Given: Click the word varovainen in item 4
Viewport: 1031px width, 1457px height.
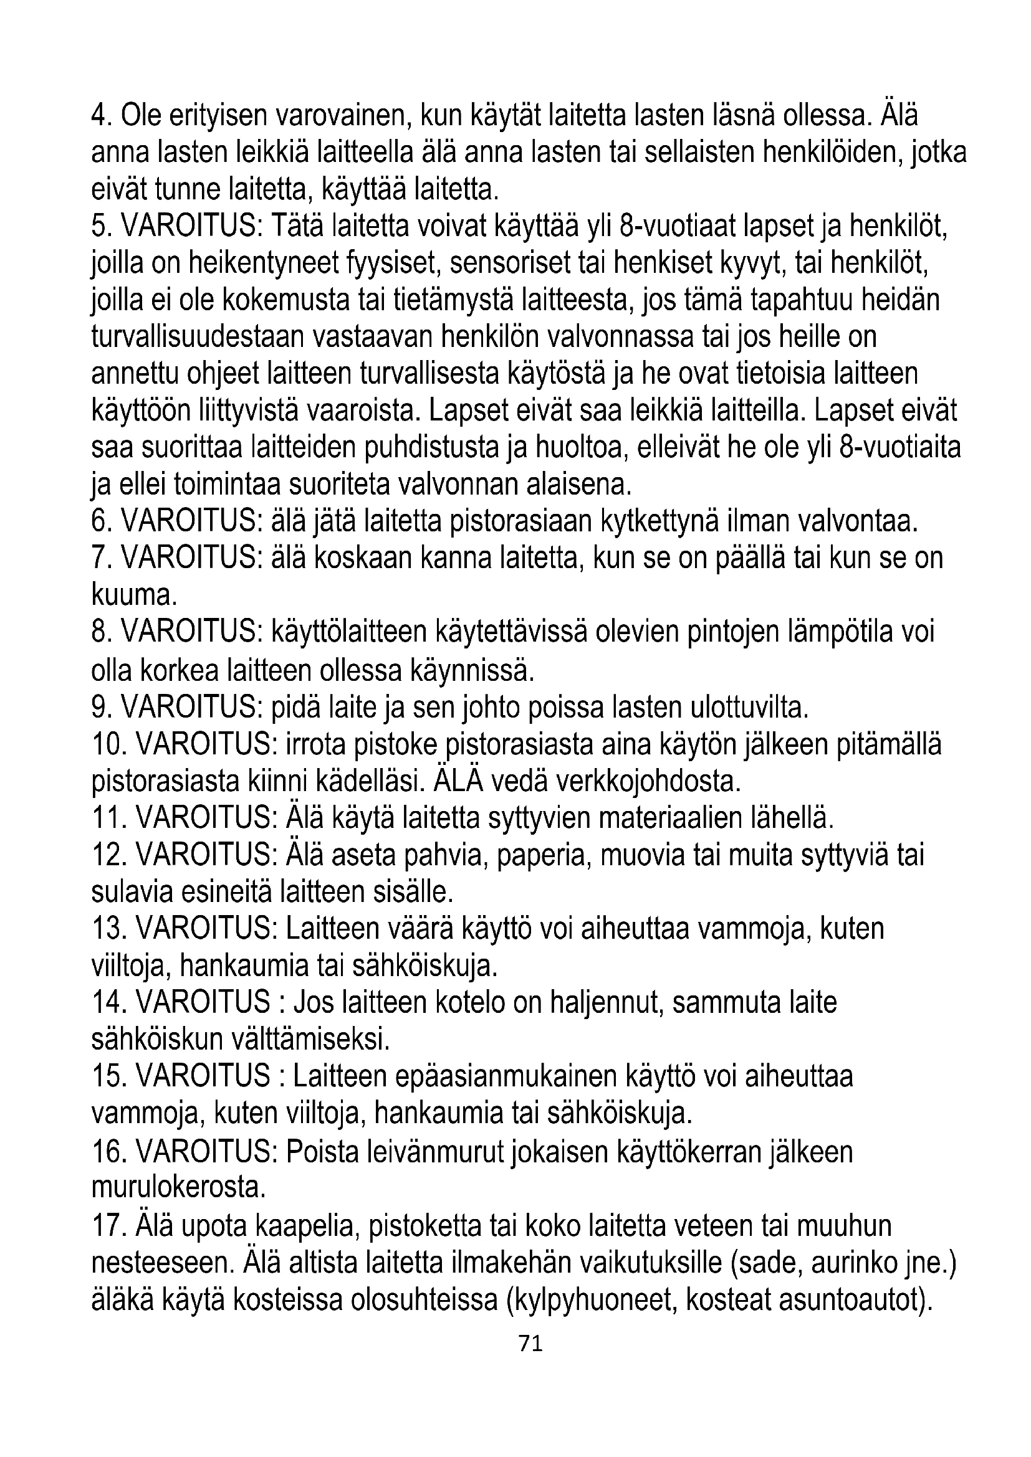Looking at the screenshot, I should tap(337, 116).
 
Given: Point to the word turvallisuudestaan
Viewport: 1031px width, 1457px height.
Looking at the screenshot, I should tap(198, 337).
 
